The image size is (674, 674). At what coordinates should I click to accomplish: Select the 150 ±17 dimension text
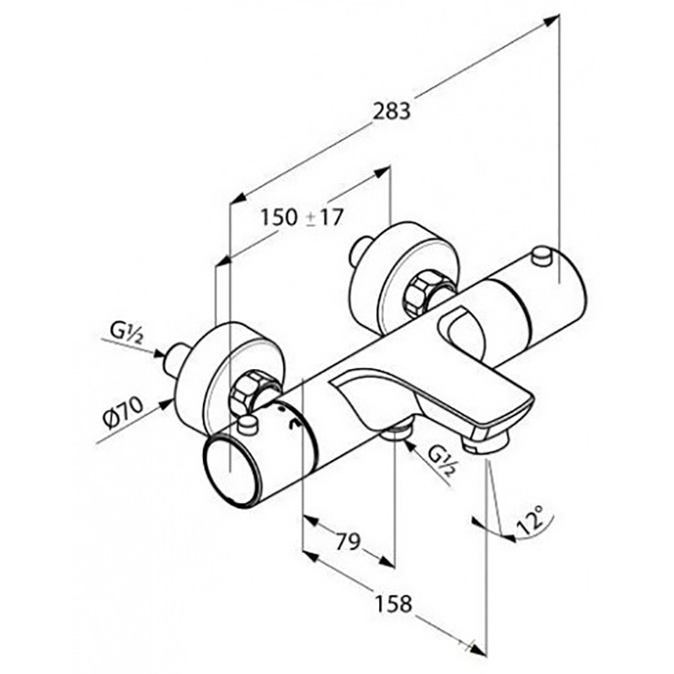pos(302,217)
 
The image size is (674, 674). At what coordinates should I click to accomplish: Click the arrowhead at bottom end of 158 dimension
pos(480,650)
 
